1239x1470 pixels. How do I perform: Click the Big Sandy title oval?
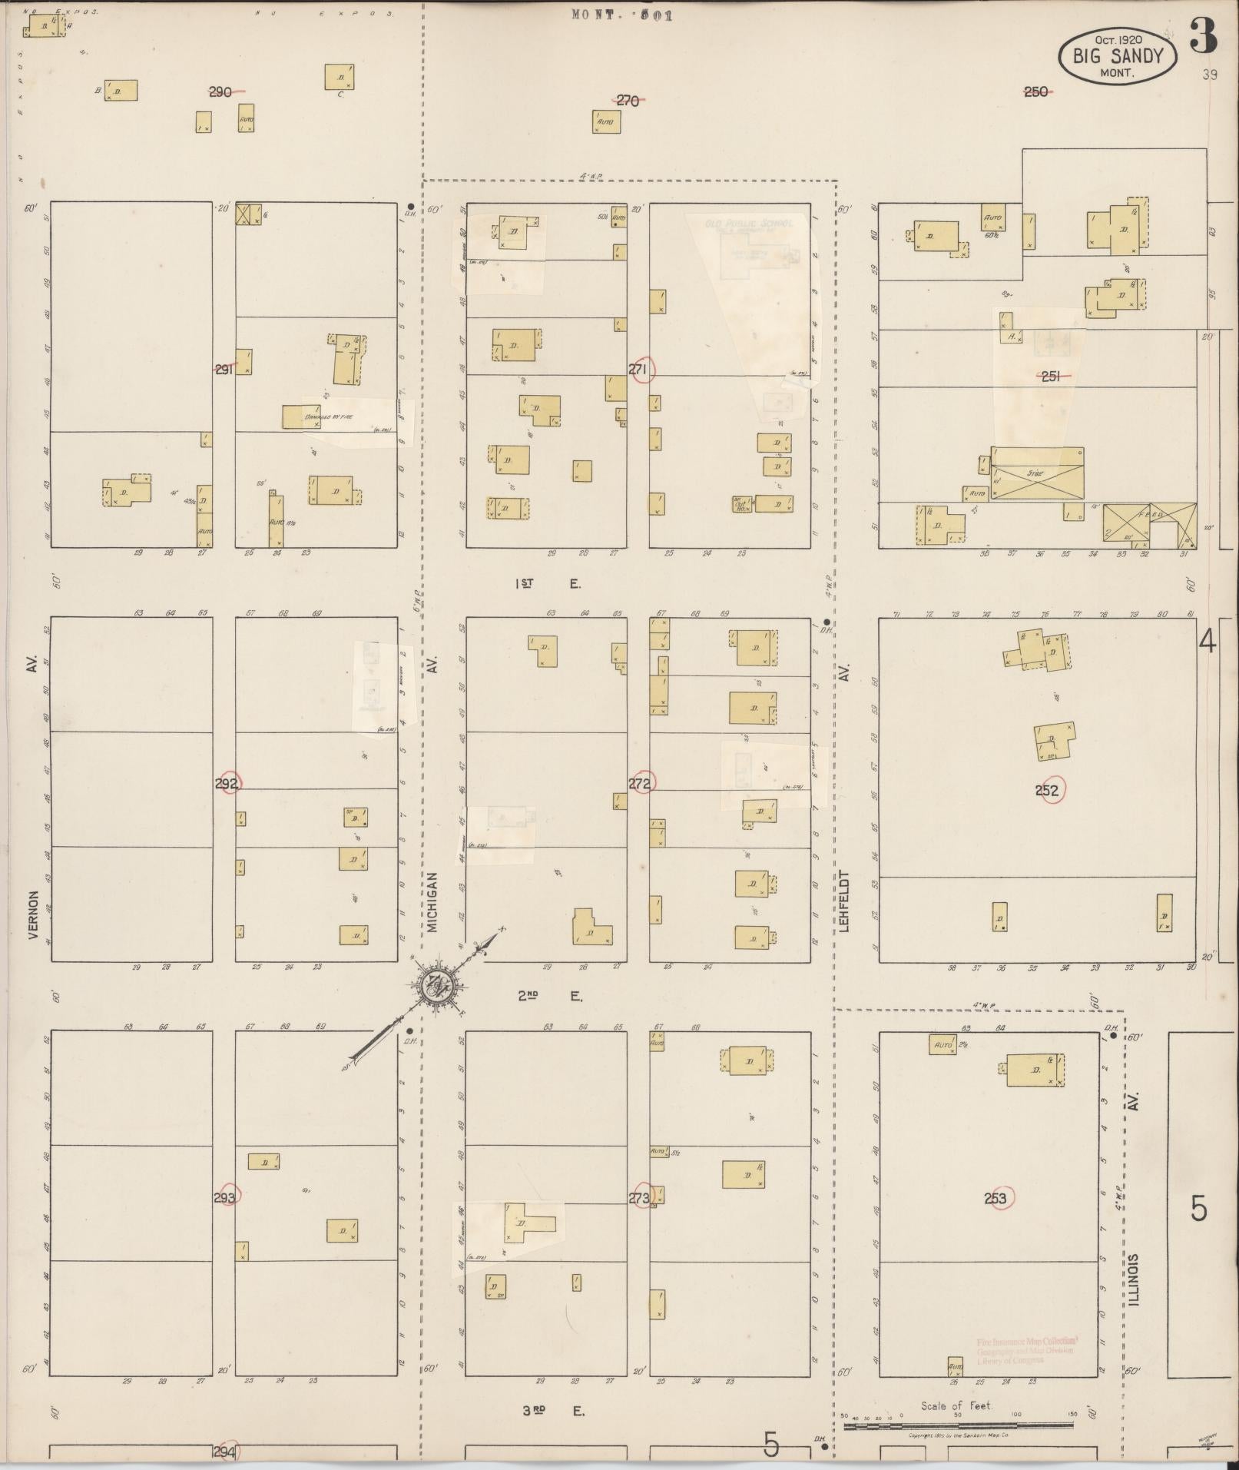tap(1118, 55)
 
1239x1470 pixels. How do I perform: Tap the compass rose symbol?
tap(432, 986)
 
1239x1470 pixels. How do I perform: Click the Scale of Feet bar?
tap(957, 1426)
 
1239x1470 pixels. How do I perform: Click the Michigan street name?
tap(432, 903)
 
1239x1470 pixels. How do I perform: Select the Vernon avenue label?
tap(33, 916)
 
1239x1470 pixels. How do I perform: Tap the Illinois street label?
tap(1135, 1279)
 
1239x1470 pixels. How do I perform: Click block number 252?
tap(1049, 790)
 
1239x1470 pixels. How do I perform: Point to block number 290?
tap(220, 92)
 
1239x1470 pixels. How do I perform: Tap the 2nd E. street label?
tap(548, 997)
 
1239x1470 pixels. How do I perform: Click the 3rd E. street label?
tap(553, 1412)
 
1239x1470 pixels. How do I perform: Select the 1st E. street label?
tap(547, 584)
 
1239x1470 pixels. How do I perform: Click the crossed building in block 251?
tap(1035, 473)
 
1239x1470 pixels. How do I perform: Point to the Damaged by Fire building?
tap(322, 417)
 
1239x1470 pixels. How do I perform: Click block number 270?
tap(628, 100)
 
